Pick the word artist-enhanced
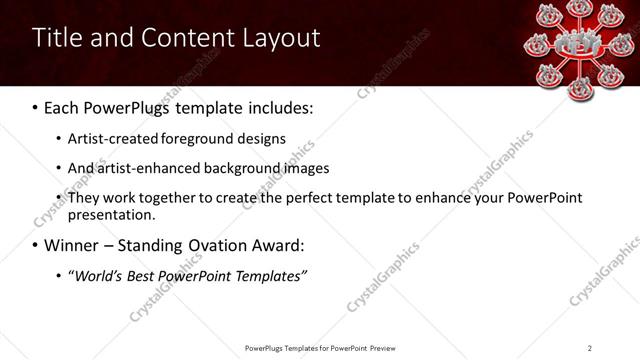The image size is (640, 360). coord(151,168)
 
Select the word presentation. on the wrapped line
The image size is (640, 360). coord(112,214)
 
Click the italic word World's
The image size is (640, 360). coord(102,276)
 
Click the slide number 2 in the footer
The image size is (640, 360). coord(590,348)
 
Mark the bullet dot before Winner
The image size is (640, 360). coord(36,245)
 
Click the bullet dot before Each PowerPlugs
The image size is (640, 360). coord(36,106)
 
